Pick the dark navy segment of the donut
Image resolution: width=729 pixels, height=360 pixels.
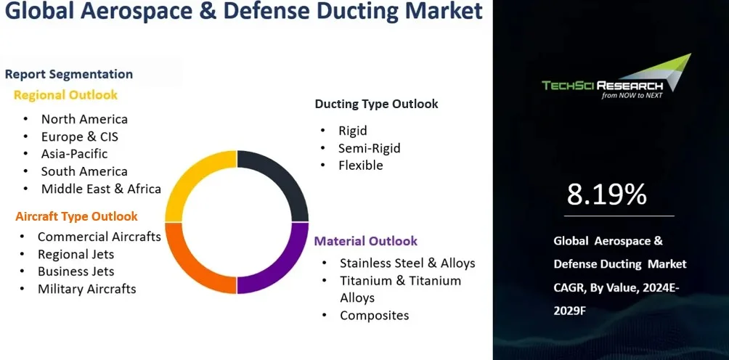click(283, 181)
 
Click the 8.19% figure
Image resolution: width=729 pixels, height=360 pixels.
click(606, 195)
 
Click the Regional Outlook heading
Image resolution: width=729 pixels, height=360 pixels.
click(65, 95)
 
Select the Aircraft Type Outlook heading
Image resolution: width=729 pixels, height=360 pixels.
click(76, 216)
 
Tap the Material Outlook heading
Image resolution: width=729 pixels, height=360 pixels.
click(365, 241)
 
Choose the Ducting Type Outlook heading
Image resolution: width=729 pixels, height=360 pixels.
click(376, 104)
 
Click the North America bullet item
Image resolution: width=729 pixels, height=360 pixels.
click(84, 119)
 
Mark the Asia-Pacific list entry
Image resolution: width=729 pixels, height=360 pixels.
click(74, 154)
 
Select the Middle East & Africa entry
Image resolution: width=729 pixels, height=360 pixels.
click(101, 189)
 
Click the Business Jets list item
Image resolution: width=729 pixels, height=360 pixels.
click(76, 271)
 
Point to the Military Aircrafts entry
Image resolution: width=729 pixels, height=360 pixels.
click(86, 289)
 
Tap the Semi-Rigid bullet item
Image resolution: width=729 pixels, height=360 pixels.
click(369, 148)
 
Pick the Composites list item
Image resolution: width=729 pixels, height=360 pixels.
click(374, 315)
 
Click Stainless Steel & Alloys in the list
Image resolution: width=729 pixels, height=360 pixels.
click(407, 263)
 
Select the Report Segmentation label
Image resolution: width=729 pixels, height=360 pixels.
click(69, 74)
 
